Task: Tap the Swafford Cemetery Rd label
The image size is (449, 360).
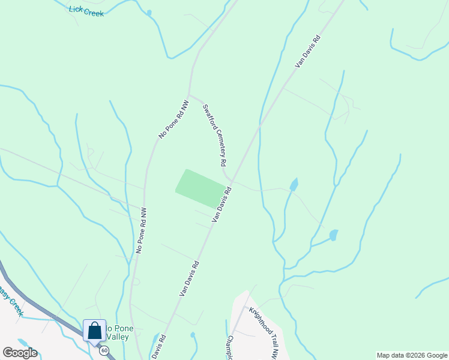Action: (214, 136)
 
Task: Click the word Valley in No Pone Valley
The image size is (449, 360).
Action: (118, 337)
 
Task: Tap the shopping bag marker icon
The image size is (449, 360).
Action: (94, 330)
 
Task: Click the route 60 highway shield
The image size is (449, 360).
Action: (104, 350)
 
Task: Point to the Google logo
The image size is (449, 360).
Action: (20, 353)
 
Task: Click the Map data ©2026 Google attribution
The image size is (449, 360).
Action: (412, 355)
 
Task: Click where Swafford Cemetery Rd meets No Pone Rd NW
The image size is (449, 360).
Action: (189, 94)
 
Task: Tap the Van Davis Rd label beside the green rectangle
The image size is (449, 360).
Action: (221, 205)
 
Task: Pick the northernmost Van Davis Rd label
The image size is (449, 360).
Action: (308, 50)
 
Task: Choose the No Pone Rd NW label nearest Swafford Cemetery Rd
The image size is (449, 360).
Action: (173, 120)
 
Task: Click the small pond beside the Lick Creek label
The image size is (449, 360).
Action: (149, 13)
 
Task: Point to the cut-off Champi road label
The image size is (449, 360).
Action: (229, 347)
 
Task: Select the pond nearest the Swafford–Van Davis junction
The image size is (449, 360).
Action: (294, 184)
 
